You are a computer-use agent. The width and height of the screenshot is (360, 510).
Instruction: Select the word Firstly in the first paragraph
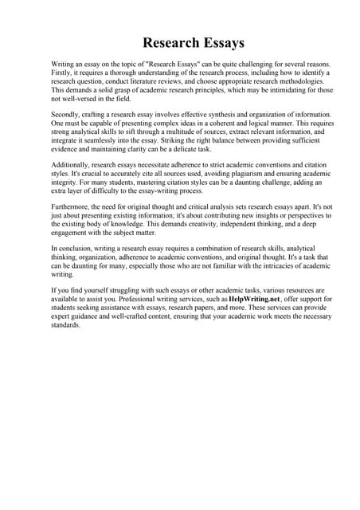[63, 73]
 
